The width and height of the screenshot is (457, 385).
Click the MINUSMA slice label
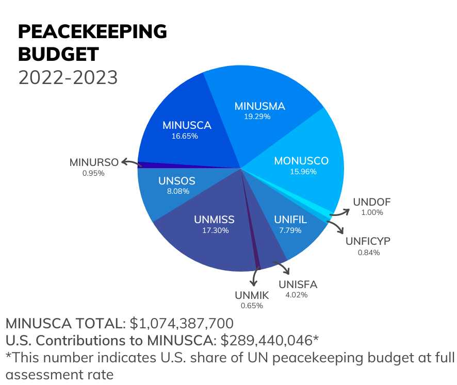(x=259, y=106)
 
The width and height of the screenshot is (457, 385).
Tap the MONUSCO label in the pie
(x=301, y=160)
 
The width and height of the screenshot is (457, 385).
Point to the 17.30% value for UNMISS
(x=214, y=230)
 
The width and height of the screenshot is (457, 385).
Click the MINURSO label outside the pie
(x=94, y=163)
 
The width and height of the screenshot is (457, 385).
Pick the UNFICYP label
(x=368, y=241)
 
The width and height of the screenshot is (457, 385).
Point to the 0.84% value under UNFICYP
(x=368, y=253)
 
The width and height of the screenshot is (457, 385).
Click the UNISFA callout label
(x=298, y=284)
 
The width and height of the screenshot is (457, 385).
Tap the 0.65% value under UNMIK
(x=252, y=306)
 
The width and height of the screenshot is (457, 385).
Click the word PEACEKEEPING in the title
(x=92, y=32)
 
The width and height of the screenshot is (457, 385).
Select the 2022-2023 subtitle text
(x=68, y=77)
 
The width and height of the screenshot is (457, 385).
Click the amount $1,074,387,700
(x=182, y=324)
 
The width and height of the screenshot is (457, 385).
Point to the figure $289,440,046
(x=267, y=340)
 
